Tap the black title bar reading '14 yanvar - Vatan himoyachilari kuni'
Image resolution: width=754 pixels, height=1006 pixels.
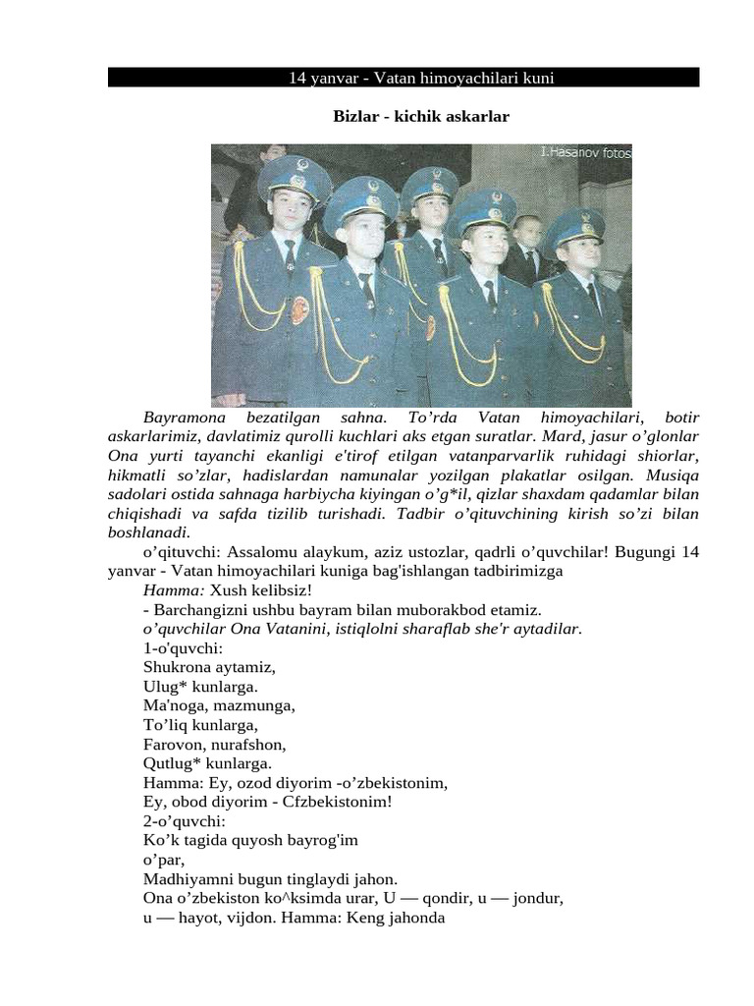click(x=403, y=77)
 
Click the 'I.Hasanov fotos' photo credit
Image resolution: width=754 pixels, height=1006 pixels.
click(x=585, y=152)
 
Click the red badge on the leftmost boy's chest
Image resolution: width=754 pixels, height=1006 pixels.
click(x=299, y=310)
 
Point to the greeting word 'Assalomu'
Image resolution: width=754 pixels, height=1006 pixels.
click(x=266, y=552)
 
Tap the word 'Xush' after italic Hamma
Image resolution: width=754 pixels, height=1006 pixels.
click(x=227, y=590)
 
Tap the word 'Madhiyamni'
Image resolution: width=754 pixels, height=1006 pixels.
click(x=185, y=878)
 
